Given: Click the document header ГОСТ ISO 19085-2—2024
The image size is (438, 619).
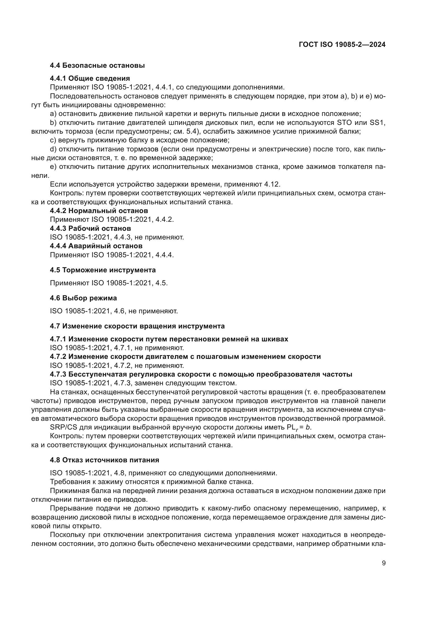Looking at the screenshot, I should point(342,45).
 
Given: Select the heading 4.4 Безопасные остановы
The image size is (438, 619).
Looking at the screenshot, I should point(97,66).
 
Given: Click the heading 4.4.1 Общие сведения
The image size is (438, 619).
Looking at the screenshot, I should point(90,78).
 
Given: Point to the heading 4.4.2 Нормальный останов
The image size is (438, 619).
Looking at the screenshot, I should point(99,211).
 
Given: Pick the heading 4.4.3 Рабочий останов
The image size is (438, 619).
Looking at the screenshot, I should point(90,228).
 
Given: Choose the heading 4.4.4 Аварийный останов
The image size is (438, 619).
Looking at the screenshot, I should point(96,246).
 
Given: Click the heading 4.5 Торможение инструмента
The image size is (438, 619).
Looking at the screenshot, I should point(103,270).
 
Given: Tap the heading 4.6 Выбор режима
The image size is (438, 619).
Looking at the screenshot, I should point(83,298).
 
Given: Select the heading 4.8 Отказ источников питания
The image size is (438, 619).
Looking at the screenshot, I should point(104,460).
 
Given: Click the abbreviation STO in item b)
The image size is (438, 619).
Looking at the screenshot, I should point(345,123).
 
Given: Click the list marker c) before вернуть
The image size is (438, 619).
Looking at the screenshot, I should point(53,140).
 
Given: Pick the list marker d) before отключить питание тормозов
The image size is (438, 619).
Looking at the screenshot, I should point(53,149).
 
